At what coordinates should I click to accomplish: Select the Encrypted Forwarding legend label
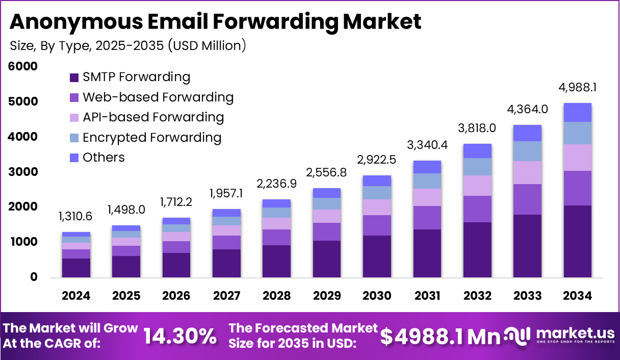click(x=152, y=138)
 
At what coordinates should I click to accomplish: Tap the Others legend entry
click(x=104, y=158)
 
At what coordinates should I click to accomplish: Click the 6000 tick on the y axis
click(x=23, y=67)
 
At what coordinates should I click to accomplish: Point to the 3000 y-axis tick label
click(x=23, y=172)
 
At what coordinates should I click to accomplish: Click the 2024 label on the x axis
click(x=76, y=296)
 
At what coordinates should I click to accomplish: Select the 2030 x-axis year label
click(x=377, y=296)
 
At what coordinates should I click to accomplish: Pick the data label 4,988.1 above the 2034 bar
click(x=578, y=88)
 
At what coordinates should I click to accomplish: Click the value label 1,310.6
click(x=76, y=217)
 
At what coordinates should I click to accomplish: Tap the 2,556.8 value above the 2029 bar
click(x=327, y=173)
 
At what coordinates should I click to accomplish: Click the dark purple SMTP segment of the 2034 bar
click(x=578, y=241)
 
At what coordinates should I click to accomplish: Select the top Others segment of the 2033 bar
click(x=527, y=133)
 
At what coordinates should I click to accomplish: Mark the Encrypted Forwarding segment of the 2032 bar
click(x=477, y=167)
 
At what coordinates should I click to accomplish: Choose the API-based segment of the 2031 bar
click(x=427, y=197)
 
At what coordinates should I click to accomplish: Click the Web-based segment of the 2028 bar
click(x=277, y=237)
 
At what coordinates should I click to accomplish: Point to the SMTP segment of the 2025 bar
click(x=126, y=267)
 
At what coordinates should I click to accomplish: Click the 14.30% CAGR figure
click(x=179, y=336)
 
